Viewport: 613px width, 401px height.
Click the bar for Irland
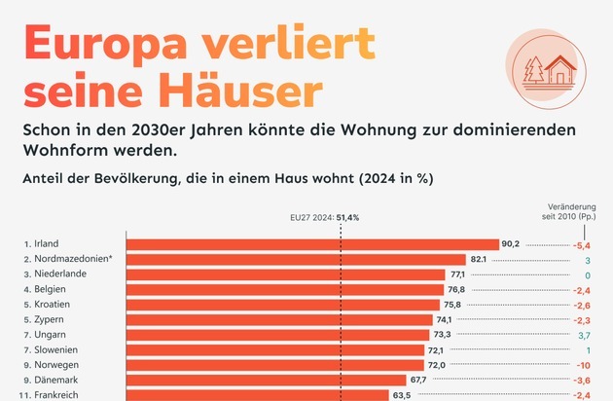311,244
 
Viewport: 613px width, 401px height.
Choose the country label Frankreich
57,395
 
